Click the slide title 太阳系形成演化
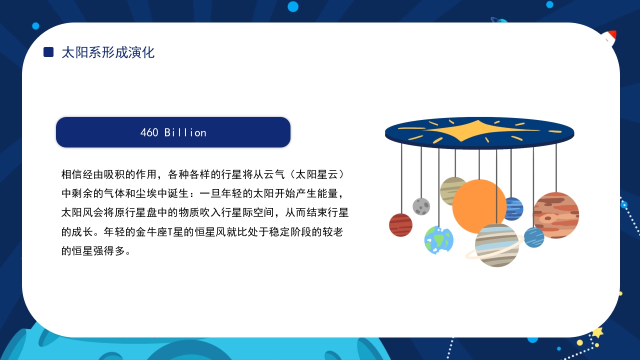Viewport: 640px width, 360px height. tap(108, 52)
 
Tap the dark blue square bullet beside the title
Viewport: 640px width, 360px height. tap(48, 52)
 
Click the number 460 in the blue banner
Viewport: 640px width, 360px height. tap(149, 132)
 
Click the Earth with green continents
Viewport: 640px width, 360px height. tap(438, 240)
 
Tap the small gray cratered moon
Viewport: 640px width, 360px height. tap(421, 206)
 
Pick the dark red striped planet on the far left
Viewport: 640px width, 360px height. tap(400, 225)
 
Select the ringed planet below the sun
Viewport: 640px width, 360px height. tap(496, 245)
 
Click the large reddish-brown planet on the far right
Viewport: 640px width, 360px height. tap(556, 215)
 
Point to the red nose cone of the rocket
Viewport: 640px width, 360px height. tap(611, 35)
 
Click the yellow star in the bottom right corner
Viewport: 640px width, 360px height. tap(597, 332)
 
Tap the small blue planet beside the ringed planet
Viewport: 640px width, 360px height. tap(534, 237)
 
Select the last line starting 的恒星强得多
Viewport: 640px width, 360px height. tap(96, 251)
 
